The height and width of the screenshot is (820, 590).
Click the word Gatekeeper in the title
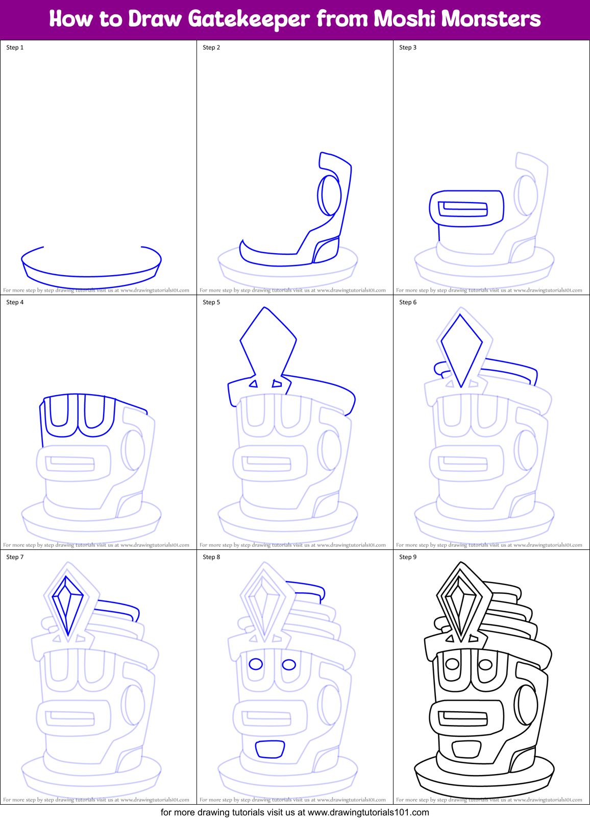(x=249, y=19)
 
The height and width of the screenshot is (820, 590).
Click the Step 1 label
(x=15, y=47)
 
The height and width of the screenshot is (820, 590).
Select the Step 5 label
(x=211, y=302)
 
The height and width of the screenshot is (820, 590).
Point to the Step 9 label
(x=408, y=557)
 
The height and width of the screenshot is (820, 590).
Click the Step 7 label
(x=15, y=557)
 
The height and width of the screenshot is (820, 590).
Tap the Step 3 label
(x=408, y=47)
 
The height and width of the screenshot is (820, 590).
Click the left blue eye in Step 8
(x=256, y=664)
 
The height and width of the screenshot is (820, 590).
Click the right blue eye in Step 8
(x=289, y=664)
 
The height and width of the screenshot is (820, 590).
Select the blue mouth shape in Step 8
(x=270, y=750)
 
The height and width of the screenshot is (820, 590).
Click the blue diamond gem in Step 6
(x=461, y=348)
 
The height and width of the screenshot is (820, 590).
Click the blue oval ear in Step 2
(x=330, y=195)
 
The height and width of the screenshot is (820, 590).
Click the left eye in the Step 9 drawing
(x=452, y=664)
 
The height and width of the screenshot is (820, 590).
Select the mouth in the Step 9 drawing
(x=466, y=750)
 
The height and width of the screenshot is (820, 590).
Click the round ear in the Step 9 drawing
(x=526, y=705)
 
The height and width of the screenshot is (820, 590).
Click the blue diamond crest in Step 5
(x=267, y=340)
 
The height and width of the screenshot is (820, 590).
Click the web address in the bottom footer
(x=368, y=812)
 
